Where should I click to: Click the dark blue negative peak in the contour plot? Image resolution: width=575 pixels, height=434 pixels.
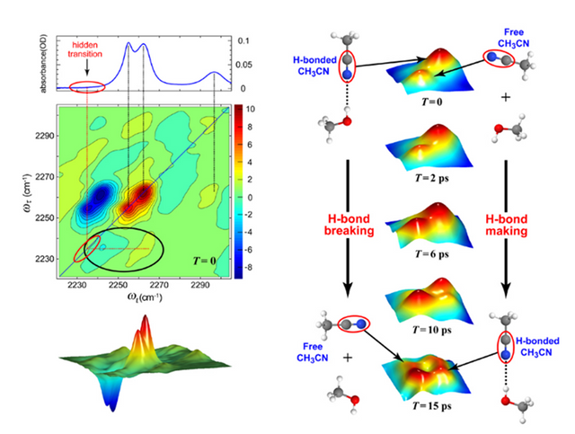click(93, 208)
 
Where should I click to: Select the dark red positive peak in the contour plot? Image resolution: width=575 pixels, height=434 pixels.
click(142, 199)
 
